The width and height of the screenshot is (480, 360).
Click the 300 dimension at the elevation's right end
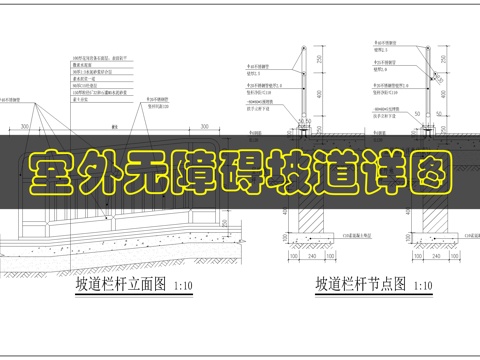[203, 127]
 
